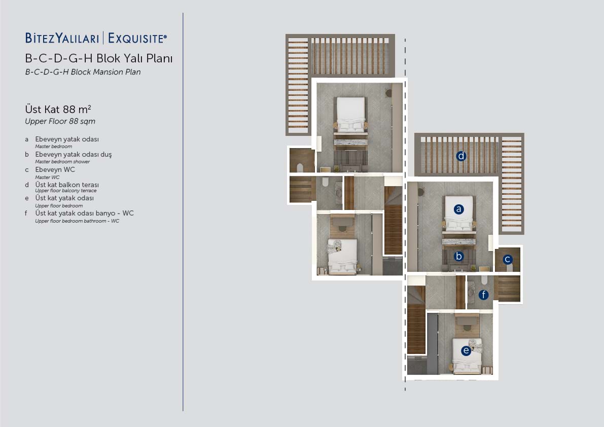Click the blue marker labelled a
tap(458, 209)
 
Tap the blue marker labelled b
tap(458, 256)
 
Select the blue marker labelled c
tap(507, 259)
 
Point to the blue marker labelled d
tap(461, 156)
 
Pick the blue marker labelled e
tap(466, 350)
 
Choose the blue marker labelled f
tap(483, 295)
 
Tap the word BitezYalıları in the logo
tap(62, 38)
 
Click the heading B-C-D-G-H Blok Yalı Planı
tap(98, 58)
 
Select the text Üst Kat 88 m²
tap(58, 109)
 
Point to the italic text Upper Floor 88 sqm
tap(60, 121)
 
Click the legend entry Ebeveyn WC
tap(55, 169)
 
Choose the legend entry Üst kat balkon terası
tap(67, 185)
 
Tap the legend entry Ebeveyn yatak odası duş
tap(73, 154)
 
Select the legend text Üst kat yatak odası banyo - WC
tap(84, 213)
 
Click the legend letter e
tap(26, 198)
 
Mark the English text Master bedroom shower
tap(62, 162)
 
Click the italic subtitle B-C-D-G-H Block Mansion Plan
tap(83, 72)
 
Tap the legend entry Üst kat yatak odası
tap(64, 198)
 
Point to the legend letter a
tap(26, 139)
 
